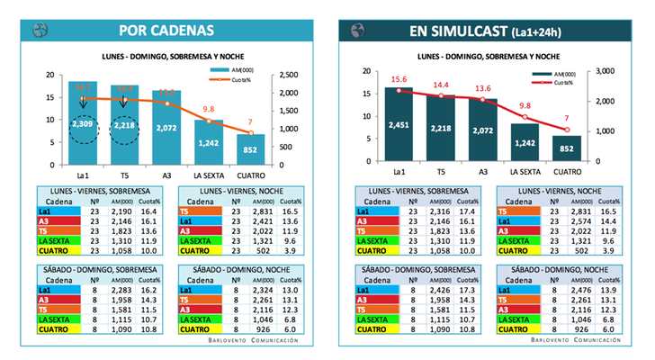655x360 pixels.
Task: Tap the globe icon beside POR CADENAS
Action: tap(40, 31)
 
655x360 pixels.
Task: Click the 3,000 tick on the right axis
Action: tap(605, 71)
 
